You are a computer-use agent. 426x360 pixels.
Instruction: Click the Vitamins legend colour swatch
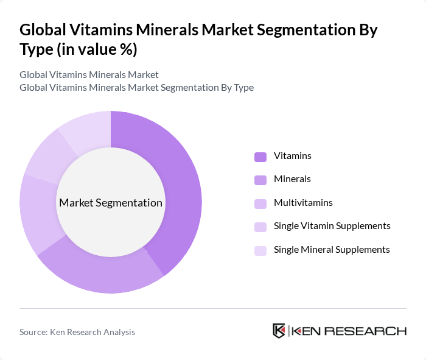260,157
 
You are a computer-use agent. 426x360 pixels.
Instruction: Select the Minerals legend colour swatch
260,180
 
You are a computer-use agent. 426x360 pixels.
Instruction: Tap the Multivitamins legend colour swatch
260,203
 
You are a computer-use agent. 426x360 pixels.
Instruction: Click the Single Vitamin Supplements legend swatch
260,227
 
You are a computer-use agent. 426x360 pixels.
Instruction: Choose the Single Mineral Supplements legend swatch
260,250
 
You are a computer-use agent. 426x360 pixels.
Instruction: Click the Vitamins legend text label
293,156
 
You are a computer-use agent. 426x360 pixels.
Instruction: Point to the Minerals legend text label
292,179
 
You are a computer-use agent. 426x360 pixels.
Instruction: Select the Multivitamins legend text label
303,203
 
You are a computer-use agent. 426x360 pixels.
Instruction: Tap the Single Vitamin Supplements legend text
332,226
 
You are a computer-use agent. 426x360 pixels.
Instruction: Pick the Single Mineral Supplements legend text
332,249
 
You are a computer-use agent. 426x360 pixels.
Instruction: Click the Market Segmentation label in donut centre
111,203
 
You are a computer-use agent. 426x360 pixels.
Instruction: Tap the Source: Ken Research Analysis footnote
77,332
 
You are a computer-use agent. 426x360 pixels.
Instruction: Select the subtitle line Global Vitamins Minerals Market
89,74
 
